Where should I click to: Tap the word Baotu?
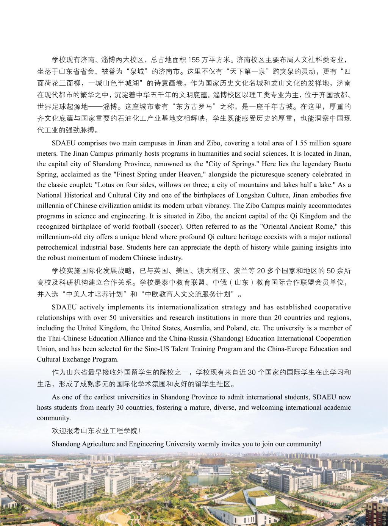[343, 164]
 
